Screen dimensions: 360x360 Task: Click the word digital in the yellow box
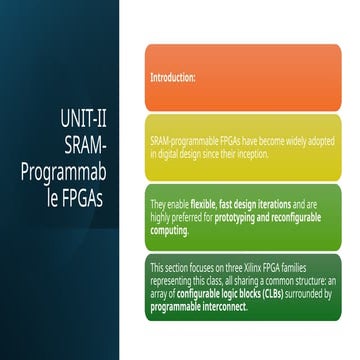point(170,154)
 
